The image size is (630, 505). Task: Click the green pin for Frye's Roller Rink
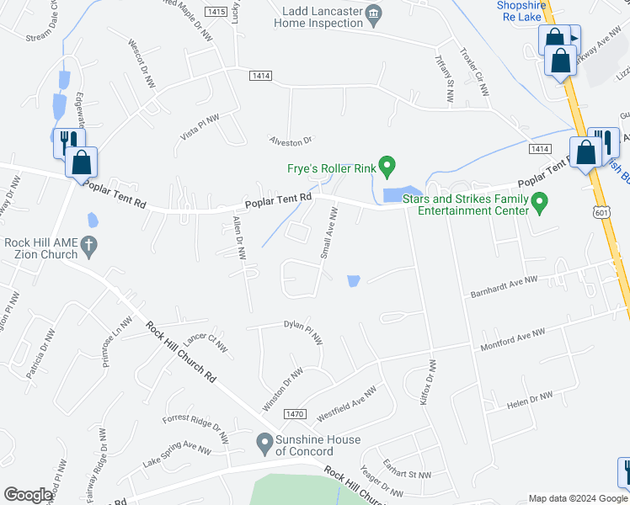click(387, 164)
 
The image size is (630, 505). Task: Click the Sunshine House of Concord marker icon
click(264, 440)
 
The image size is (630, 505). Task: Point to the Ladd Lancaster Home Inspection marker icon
click(376, 14)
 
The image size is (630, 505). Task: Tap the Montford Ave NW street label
click(508, 340)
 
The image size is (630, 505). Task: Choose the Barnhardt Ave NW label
click(500, 287)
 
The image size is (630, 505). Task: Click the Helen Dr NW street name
click(530, 401)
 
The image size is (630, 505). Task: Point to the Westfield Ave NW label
click(346, 405)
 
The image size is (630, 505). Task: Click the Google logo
click(28, 495)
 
